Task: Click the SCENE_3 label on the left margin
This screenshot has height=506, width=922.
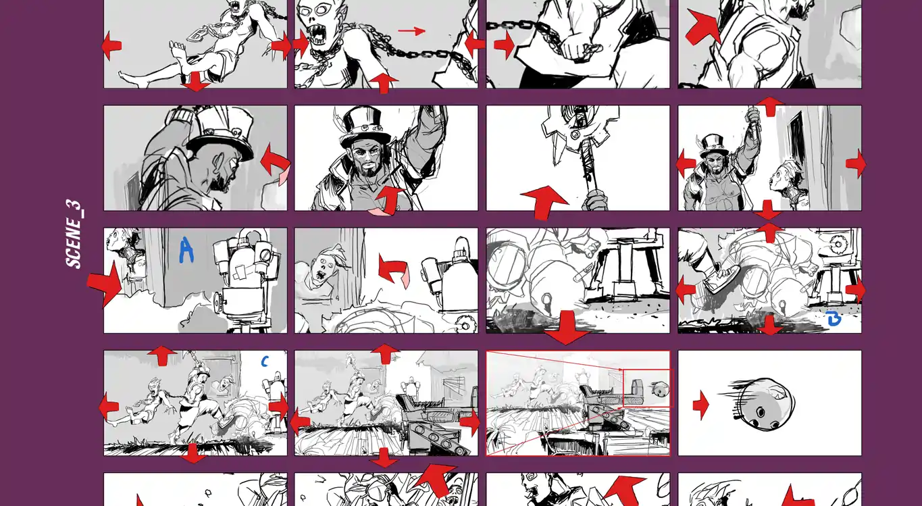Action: pos(74,234)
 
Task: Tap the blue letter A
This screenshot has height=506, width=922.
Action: pos(186,250)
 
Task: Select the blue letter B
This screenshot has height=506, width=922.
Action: pos(833,319)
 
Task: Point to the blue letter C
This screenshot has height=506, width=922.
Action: pos(265,361)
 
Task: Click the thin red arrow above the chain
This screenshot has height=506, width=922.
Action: pos(411,31)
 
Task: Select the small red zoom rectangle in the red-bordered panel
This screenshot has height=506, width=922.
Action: pos(646,388)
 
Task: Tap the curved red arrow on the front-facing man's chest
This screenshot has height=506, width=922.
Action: pos(390,200)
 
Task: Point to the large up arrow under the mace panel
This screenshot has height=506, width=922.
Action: pos(544,203)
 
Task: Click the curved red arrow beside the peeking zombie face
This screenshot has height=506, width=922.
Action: pos(392,270)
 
